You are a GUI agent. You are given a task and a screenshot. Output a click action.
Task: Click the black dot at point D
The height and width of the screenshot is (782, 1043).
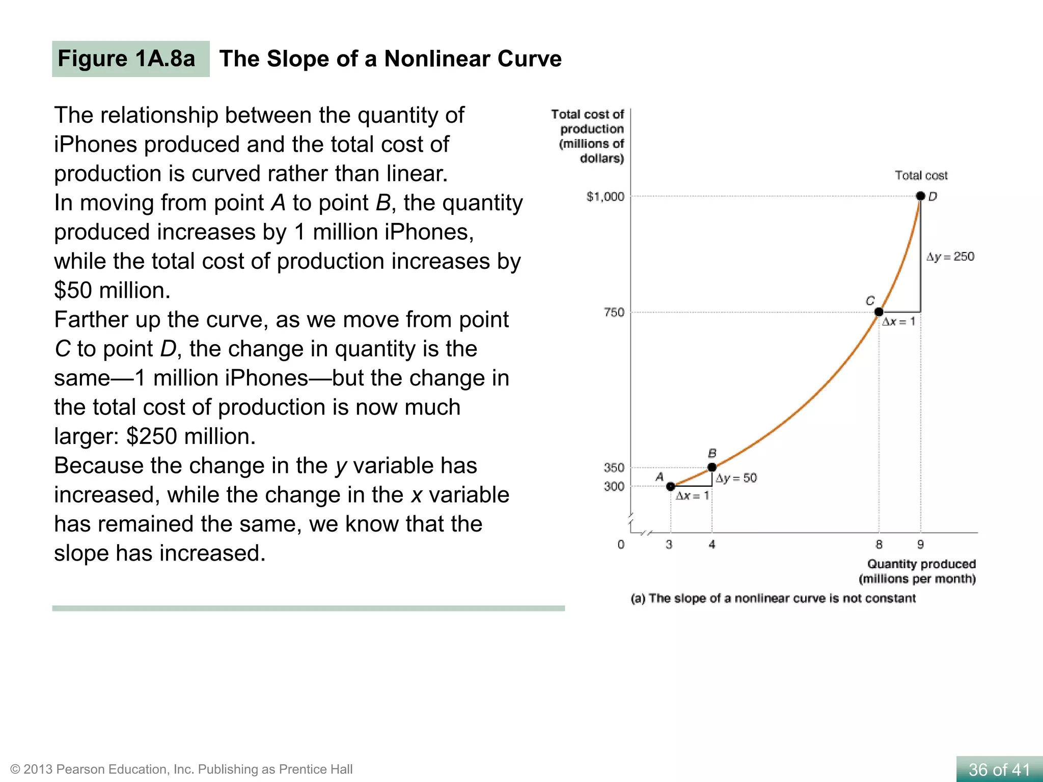coord(920,196)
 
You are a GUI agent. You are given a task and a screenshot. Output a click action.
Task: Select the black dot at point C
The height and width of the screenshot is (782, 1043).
coord(879,312)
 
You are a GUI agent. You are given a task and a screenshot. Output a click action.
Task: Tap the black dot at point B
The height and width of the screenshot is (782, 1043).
coord(712,467)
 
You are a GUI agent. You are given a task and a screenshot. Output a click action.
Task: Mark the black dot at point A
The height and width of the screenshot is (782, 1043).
coord(671,486)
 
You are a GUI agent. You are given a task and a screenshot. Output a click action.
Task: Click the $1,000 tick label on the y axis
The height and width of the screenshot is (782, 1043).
coord(605,197)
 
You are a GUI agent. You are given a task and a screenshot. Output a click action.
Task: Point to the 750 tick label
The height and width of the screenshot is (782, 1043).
coord(614,312)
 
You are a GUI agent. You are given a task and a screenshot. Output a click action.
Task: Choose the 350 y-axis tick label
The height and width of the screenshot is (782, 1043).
coord(614,467)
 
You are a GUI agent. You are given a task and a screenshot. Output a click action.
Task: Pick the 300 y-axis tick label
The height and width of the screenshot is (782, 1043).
coord(614,486)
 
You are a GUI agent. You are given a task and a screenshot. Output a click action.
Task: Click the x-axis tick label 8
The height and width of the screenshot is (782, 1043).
coord(879,544)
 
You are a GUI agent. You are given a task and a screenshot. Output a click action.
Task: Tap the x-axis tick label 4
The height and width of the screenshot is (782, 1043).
coord(712,544)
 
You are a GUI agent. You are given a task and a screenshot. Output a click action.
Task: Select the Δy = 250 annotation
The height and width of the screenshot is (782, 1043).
coord(950,257)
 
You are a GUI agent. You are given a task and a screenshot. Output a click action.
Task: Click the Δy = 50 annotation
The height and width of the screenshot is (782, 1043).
coord(736,478)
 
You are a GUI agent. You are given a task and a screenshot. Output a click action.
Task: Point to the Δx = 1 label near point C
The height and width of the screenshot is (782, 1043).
coord(898,322)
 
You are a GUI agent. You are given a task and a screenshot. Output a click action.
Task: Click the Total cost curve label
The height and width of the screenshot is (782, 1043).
coord(921,176)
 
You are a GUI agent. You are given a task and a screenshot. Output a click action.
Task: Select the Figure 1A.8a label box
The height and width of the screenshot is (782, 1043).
coord(130,59)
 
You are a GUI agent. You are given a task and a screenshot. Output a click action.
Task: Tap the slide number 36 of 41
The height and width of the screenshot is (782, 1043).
coord(999,769)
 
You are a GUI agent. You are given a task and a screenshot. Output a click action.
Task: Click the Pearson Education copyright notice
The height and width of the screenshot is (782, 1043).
coord(181,769)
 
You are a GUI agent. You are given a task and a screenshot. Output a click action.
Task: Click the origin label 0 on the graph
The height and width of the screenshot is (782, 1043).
coord(621,544)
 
